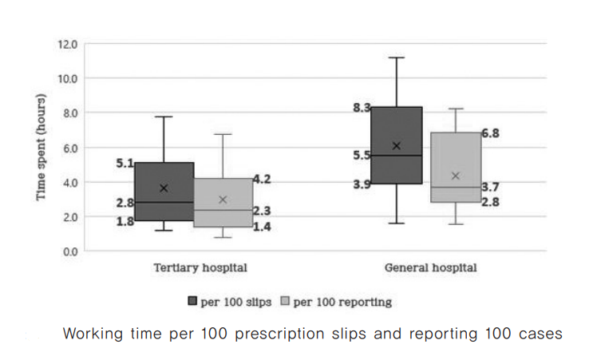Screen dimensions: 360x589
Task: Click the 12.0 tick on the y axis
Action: coord(67,44)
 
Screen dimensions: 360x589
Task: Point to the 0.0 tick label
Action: coord(69,251)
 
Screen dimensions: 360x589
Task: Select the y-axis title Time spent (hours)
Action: coord(41,148)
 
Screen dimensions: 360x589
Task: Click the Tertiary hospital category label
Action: coord(200,268)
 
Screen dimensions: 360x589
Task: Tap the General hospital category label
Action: coord(430,268)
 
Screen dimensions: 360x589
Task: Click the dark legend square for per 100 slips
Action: coord(192,302)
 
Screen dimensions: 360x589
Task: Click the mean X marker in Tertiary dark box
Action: coord(164,188)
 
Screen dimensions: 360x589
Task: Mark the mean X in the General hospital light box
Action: coord(456,176)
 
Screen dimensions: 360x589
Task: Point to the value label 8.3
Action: coord(362,108)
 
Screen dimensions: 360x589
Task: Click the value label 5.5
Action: coord(362,156)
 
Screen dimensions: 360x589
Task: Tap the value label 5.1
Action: coord(125,163)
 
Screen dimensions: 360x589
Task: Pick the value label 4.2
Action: coord(263,180)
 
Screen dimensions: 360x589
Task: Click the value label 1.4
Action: coord(263,227)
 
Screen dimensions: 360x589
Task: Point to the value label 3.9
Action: coord(362,184)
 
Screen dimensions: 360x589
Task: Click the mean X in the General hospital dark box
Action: coord(397,146)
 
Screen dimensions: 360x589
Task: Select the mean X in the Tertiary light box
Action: coord(223,200)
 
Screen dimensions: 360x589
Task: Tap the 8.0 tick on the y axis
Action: coord(69,113)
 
